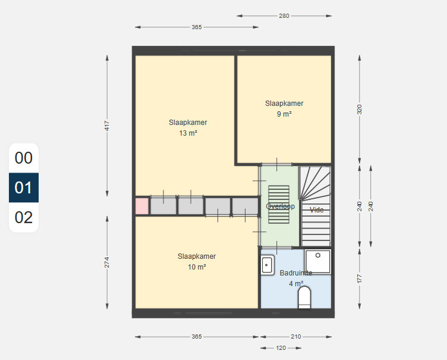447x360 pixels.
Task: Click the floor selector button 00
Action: pos(24,158)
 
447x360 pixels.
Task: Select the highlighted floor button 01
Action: pos(24,187)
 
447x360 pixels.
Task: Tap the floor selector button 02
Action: pos(24,217)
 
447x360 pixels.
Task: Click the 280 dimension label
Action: pos(284,16)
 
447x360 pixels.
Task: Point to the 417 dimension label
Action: pos(107,126)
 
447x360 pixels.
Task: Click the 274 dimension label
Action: pos(107,262)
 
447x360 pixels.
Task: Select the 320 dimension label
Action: pos(359,109)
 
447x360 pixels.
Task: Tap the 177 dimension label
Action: pos(359,279)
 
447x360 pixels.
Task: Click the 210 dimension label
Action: pos(296,337)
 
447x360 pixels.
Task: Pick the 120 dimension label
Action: pos(281,348)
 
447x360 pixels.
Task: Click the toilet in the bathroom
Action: pos(304,298)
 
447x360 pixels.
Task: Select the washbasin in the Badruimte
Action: pos(267,265)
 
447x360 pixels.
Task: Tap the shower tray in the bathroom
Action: pos(317,261)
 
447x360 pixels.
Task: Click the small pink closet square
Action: pos(141,206)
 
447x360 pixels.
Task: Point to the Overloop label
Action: pos(280,206)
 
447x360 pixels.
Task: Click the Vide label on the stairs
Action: pos(316,210)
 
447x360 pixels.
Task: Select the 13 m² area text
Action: pos(188,133)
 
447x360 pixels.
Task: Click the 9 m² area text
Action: pos(284,114)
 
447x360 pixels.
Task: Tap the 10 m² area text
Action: pos(197,267)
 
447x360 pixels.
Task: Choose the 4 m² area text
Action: pos(296,284)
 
